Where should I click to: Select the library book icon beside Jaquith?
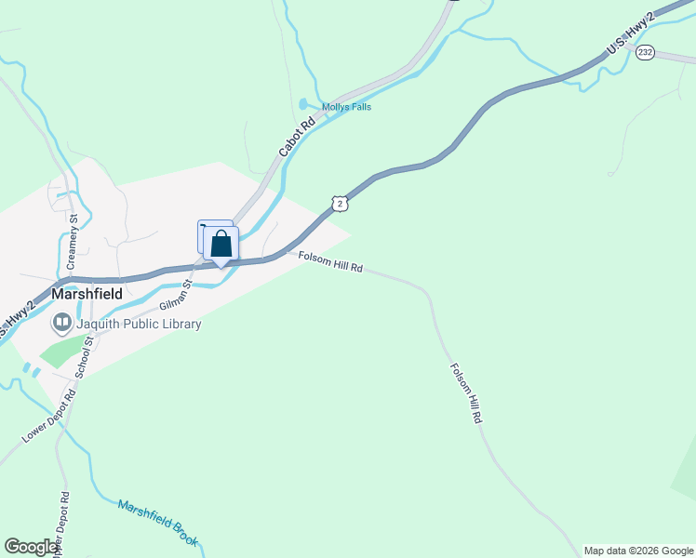click(62, 323)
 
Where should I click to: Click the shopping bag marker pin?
click(221, 245)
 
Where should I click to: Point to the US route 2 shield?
click(341, 203)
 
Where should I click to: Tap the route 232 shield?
click(646, 53)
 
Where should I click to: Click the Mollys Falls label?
click(346, 107)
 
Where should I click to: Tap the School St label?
click(85, 357)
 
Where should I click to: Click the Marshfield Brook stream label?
click(158, 522)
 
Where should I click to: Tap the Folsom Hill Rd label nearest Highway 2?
click(329, 261)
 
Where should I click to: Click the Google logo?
click(32, 547)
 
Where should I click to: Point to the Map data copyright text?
click(638, 551)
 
